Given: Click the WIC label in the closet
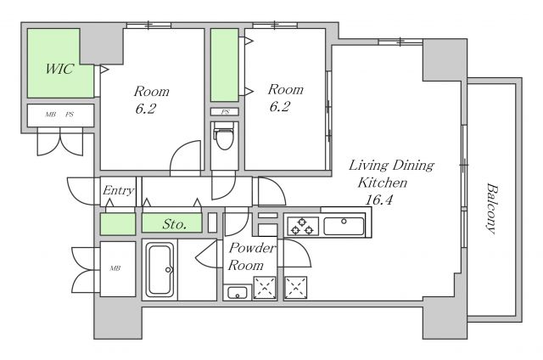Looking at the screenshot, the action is [x=59, y=69].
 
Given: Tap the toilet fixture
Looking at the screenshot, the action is [x=224, y=136].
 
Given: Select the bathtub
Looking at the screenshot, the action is [x=160, y=269].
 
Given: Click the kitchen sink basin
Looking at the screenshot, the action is [x=344, y=226].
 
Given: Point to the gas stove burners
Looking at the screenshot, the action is [x=303, y=226].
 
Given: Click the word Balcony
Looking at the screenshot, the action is [x=492, y=209].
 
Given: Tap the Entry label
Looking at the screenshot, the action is [x=118, y=190].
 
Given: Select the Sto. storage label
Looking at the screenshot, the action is [x=175, y=224].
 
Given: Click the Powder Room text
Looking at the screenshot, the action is [x=251, y=256].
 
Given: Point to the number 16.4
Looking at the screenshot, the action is [x=379, y=200].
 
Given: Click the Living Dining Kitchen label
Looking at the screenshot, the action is [x=390, y=173].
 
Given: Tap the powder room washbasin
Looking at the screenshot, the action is [x=237, y=292].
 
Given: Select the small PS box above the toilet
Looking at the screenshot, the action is [x=225, y=111].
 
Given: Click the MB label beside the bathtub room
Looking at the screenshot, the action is [x=115, y=268].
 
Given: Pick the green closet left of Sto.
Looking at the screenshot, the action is [x=118, y=224].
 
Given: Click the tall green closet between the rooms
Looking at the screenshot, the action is [x=224, y=65].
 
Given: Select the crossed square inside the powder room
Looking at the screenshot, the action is [x=265, y=288].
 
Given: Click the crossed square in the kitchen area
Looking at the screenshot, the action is [x=295, y=288].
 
